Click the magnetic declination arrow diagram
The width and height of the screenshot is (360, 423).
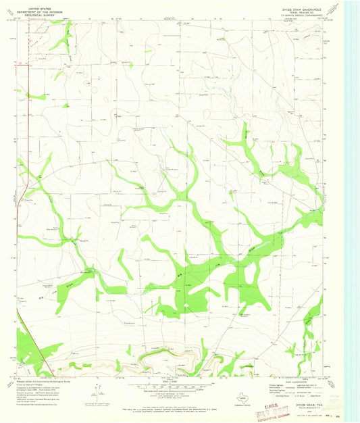click(x=100, y=391)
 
